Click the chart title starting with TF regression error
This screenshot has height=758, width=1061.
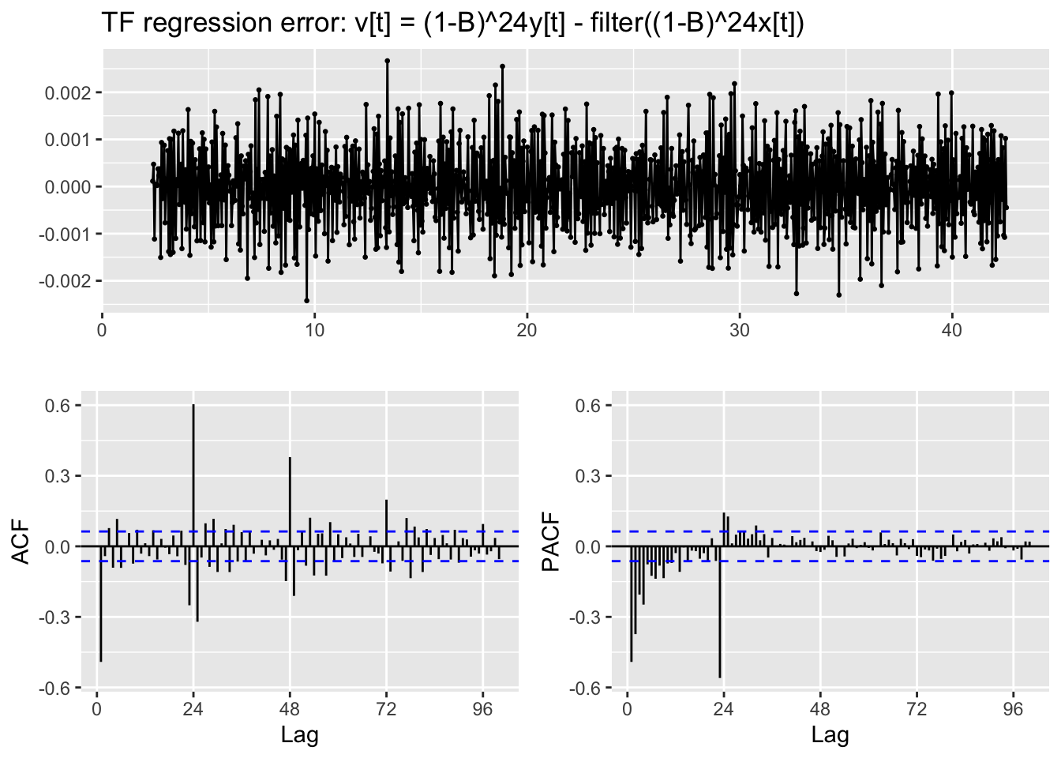point(453,23)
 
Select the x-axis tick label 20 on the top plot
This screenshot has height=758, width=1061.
point(527,330)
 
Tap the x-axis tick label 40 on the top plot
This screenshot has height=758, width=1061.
point(952,330)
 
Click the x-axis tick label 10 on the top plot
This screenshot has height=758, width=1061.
point(314,330)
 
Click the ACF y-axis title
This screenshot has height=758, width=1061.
point(21,541)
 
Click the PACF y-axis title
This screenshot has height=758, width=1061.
point(551,541)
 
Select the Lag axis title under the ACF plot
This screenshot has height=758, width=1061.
point(300,736)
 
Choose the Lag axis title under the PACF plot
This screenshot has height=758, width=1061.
point(830,736)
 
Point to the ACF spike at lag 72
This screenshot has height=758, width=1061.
point(386,521)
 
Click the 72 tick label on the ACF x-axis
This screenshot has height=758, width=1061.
point(386,709)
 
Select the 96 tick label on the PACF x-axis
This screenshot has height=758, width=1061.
point(1013,709)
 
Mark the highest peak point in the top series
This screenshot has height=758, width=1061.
point(387,61)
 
